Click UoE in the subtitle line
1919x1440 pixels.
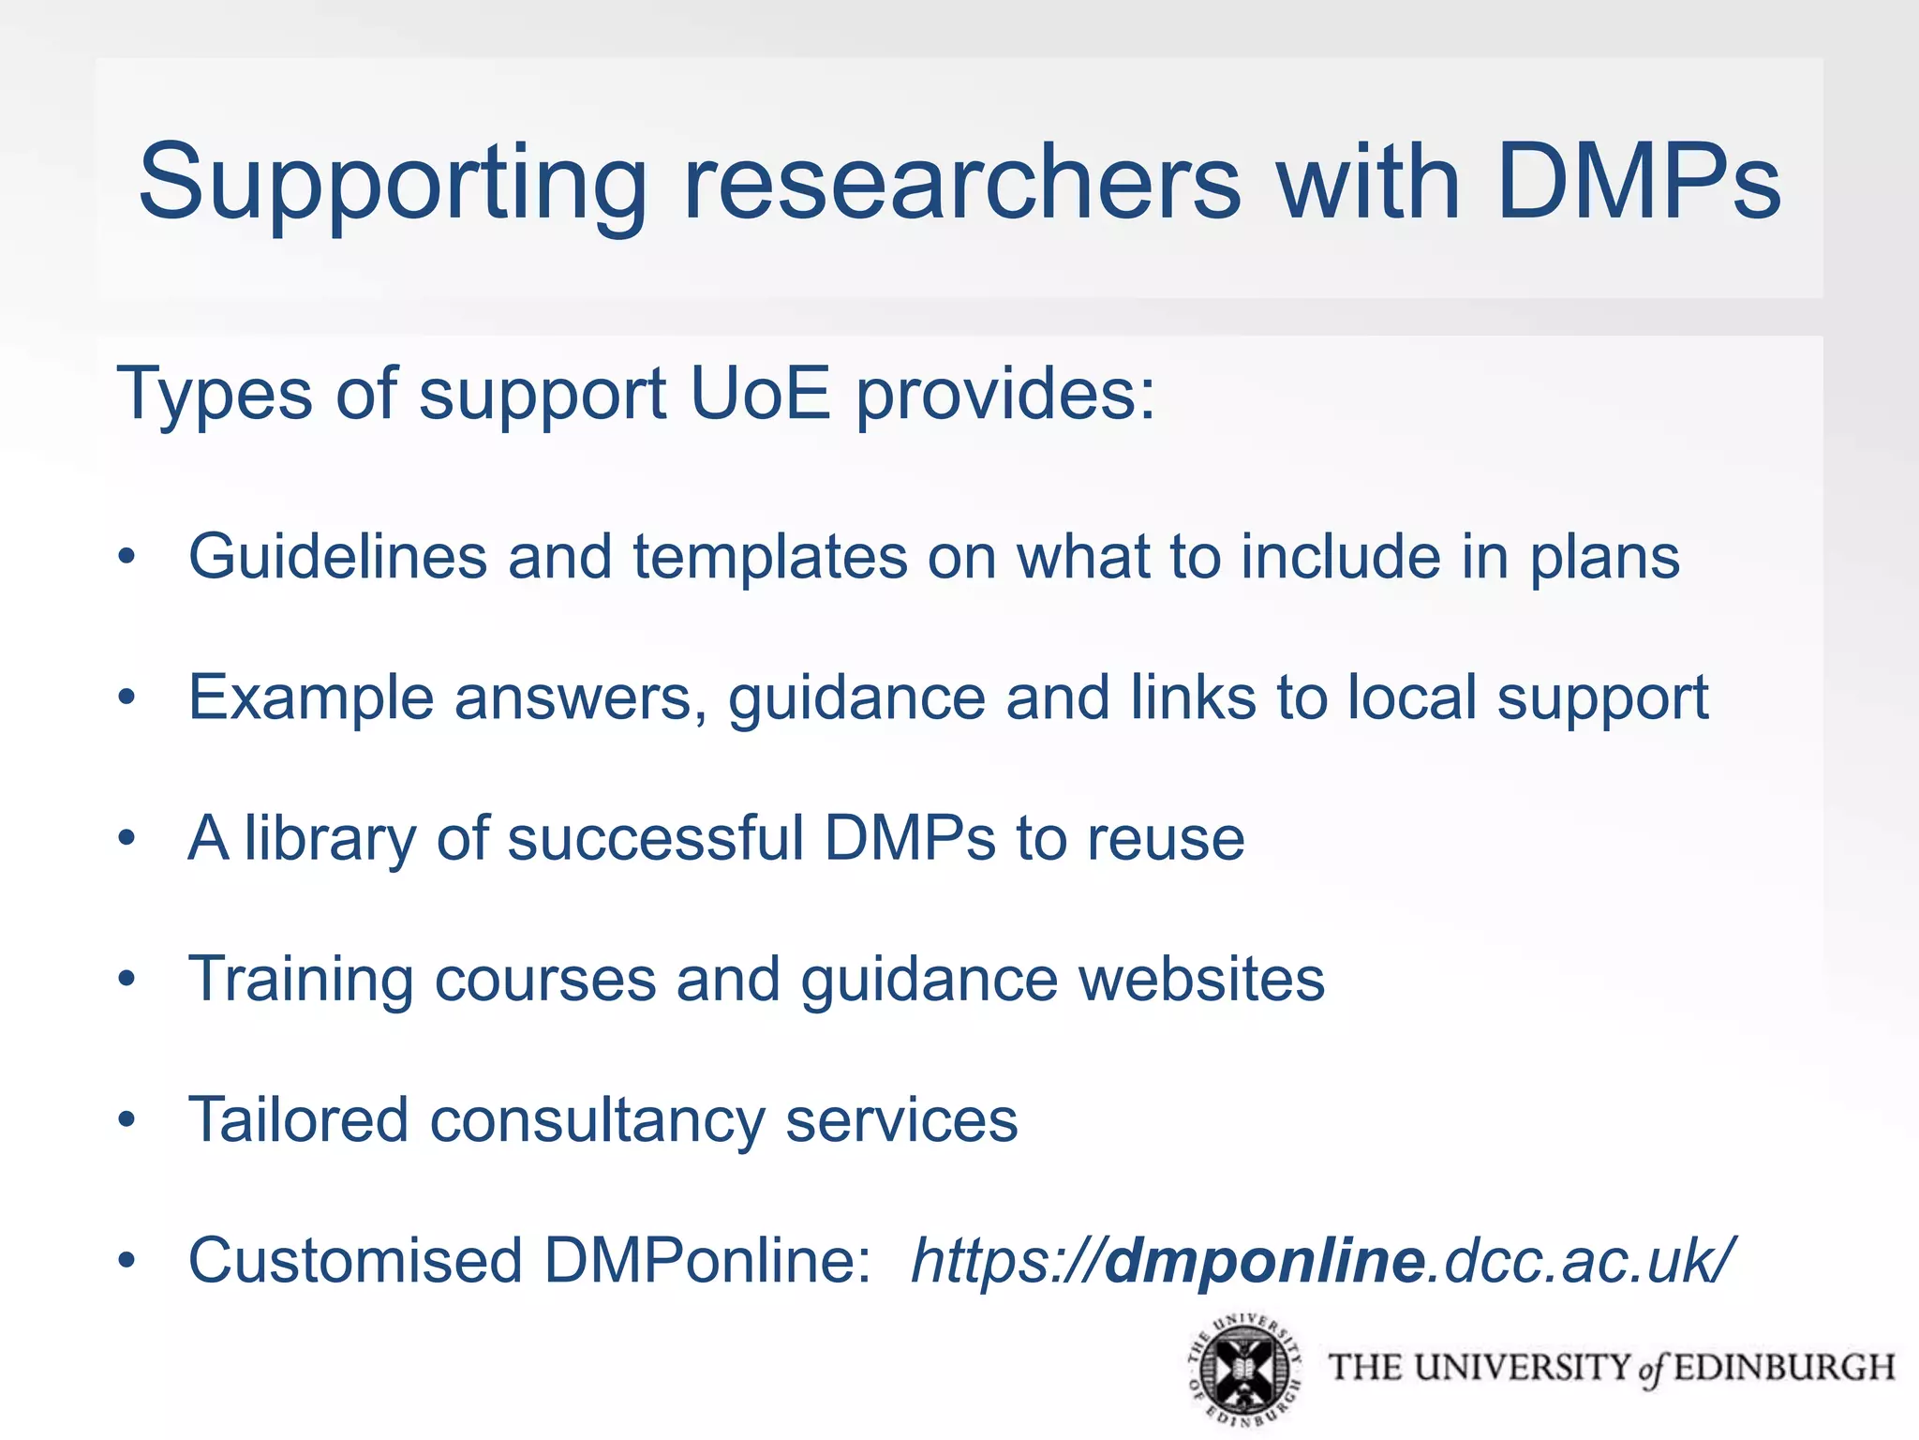pos(760,394)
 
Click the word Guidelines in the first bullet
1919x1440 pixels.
pos(337,557)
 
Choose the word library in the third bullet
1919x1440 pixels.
pos(330,839)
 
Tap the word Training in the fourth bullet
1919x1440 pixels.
pos(300,980)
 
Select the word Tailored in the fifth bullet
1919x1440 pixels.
pos(298,1119)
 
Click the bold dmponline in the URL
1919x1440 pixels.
pos(1266,1262)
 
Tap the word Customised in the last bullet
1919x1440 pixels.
pos(355,1261)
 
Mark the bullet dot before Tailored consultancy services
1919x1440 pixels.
pos(127,1119)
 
